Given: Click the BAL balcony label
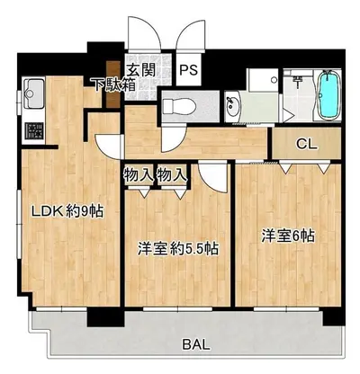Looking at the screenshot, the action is coord(196,345).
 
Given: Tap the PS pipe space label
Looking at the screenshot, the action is coord(189,70).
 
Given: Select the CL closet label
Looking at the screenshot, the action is coord(306,145).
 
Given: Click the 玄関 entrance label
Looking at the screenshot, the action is coord(141,70).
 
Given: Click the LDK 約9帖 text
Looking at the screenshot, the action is coord(68,211).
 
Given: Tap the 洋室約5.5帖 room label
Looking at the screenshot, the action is coord(177,248).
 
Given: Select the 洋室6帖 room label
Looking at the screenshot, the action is coord(288,236).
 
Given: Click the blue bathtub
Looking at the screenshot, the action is coord(329,95).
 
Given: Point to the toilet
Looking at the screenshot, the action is coord(179,106).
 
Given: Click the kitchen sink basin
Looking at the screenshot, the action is coord(33,93).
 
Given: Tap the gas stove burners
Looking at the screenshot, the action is coord(34,131).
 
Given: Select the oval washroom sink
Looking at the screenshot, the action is coord(232,106).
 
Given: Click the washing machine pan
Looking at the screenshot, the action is coord(263,80).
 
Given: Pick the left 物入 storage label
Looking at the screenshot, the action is coord(139,174).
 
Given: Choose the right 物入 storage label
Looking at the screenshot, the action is coord(172,174).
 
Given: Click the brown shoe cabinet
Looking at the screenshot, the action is coord(113,85).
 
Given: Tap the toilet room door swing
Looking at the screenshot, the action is coord(173,138).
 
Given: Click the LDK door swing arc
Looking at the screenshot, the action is coord(108,147).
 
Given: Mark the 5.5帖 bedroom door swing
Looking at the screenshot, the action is coord(212,178).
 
